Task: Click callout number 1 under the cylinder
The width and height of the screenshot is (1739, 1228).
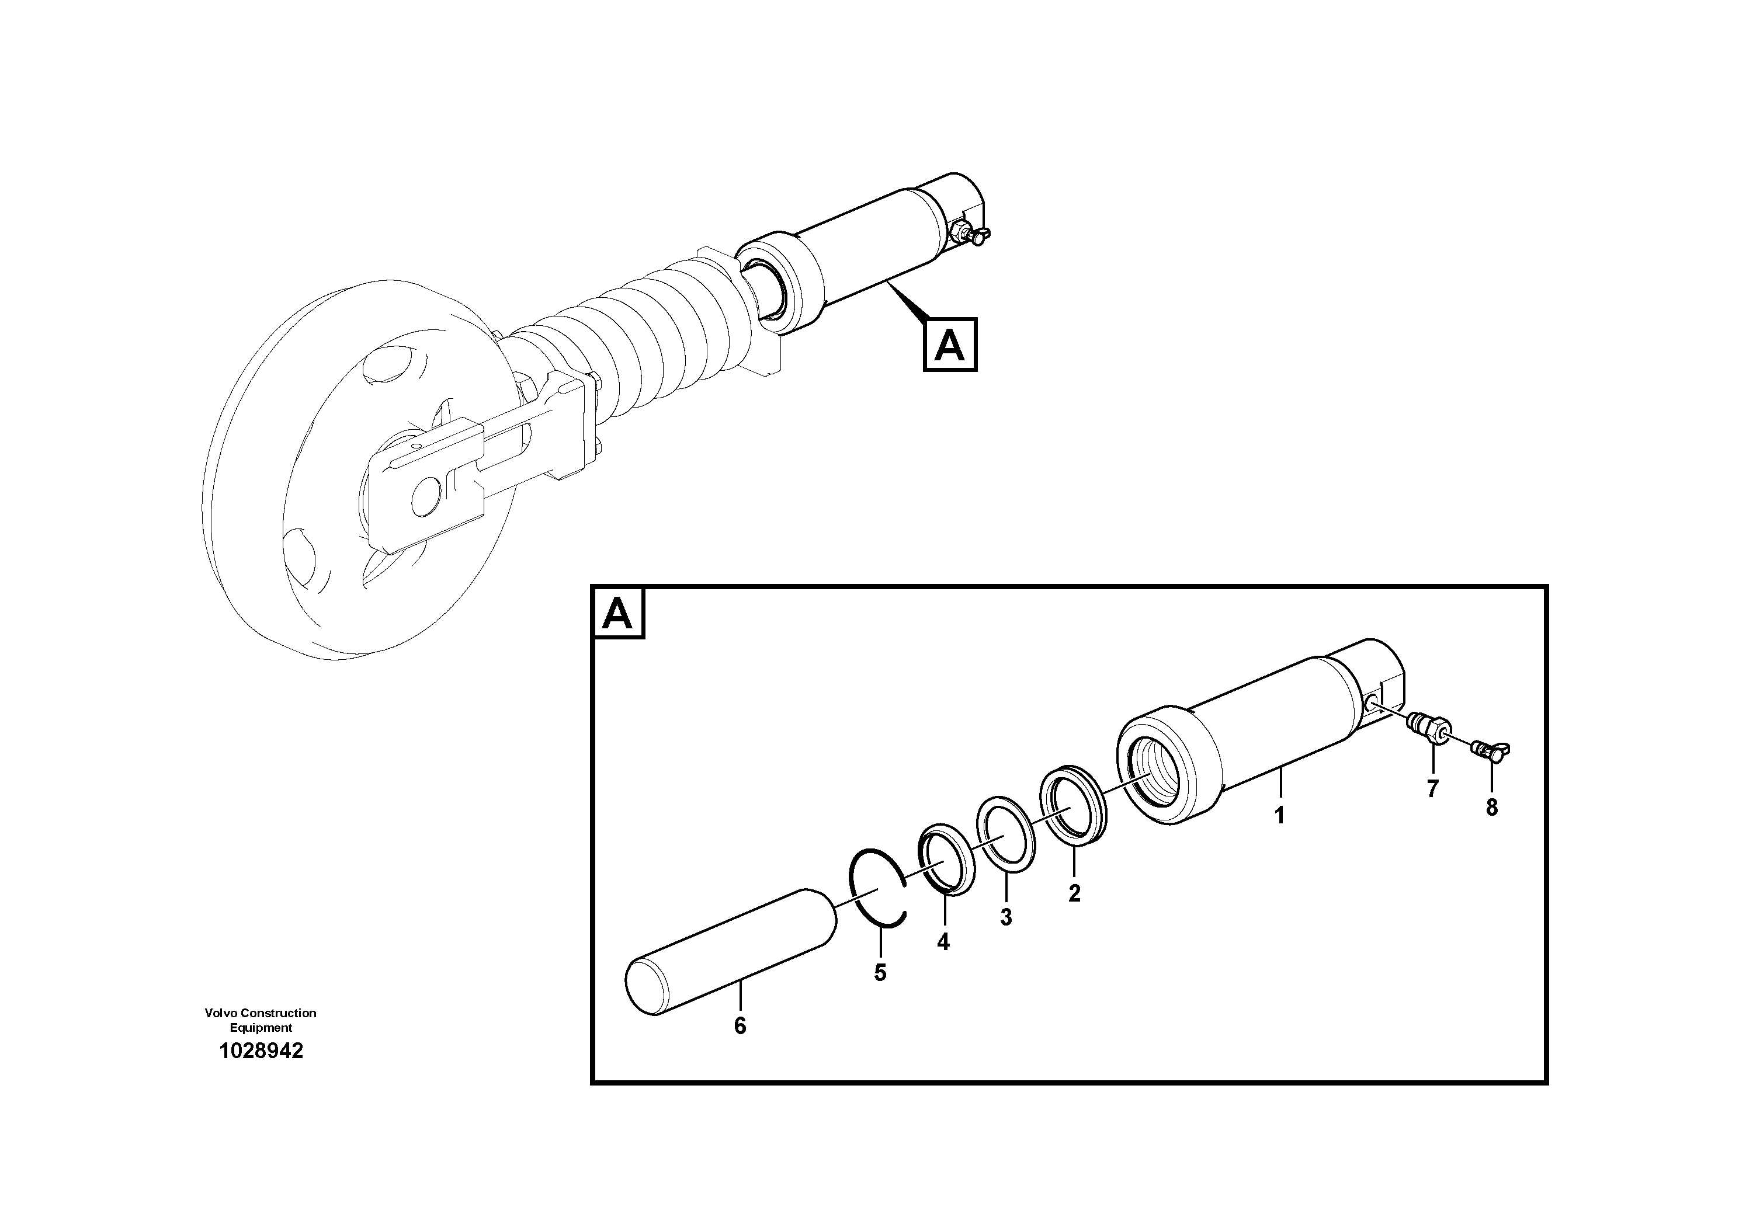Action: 1279,816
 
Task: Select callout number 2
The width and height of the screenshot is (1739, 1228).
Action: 1074,893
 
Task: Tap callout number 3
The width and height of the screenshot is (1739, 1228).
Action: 1005,917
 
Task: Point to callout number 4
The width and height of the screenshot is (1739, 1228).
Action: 942,942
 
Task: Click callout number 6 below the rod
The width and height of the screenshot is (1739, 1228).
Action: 740,1027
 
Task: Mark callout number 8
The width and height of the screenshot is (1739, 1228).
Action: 1491,808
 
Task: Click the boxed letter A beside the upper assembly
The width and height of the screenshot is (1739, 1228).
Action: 950,346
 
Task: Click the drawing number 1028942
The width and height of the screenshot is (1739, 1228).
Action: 261,1051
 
